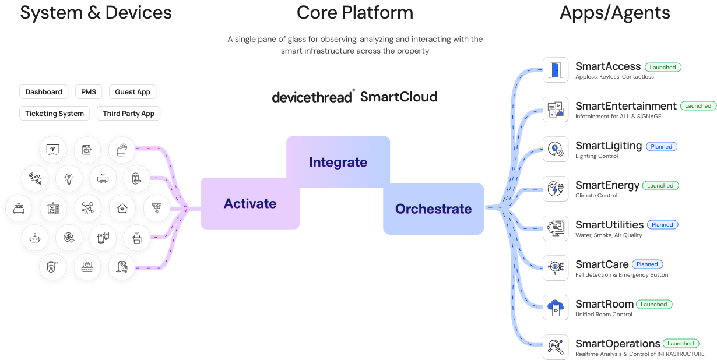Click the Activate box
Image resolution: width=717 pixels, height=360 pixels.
tap(250, 203)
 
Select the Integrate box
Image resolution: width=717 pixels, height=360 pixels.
tap(338, 162)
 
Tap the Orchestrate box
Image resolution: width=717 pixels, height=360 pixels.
tap(433, 209)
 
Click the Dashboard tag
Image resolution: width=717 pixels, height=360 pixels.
tap(44, 92)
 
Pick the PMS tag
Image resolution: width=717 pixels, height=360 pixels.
tap(89, 92)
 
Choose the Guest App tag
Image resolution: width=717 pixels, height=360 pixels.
tap(133, 92)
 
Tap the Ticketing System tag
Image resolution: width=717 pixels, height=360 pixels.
tap(54, 114)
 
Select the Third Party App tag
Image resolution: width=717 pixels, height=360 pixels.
tap(129, 114)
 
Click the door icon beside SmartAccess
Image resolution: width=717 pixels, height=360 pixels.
tap(555, 70)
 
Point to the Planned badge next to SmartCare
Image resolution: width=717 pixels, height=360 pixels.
tap(647, 264)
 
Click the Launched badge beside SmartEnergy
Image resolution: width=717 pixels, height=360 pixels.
tap(660, 186)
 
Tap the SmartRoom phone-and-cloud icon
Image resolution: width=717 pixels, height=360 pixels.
tap(555, 307)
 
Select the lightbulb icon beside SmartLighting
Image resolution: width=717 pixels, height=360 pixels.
tap(555, 149)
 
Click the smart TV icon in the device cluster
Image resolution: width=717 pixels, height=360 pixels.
tap(52, 149)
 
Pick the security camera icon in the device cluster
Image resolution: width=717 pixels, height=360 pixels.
tap(36, 178)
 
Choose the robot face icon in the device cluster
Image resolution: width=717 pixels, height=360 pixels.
tap(36, 238)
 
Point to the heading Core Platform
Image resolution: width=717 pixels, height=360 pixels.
tap(354, 12)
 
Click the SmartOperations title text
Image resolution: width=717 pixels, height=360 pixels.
tap(618, 344)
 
